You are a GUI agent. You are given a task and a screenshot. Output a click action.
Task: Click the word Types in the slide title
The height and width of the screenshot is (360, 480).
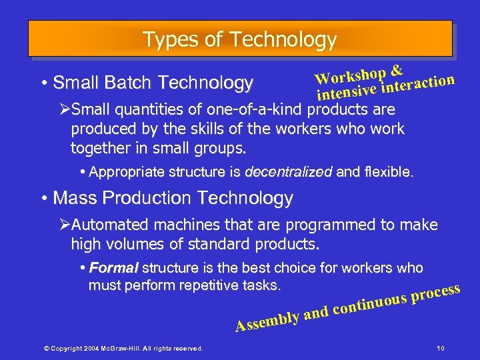(163, 40)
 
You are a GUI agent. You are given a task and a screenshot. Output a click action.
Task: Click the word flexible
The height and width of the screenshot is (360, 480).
(390, 172)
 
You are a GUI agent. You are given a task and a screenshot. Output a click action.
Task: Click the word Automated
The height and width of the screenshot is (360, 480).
(109, 225)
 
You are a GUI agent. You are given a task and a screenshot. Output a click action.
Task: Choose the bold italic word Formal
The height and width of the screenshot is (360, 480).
(113, 268)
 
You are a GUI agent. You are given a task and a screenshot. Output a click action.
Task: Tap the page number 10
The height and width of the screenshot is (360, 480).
(440, 347)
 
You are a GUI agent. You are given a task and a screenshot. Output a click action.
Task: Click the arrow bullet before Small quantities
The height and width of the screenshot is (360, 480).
(65, 109)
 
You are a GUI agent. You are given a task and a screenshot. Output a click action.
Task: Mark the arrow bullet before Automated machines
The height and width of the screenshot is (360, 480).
(65, 225)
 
